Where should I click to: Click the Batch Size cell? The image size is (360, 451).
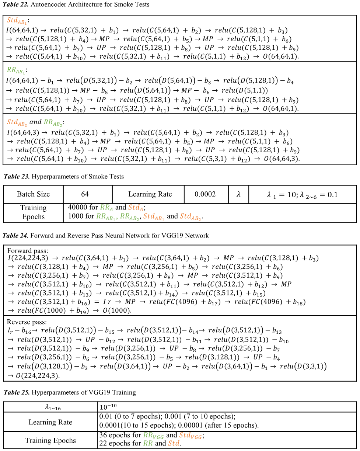tap(33, 194)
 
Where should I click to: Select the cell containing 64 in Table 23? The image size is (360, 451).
tap(85, 194)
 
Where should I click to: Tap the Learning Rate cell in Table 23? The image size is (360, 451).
tap(150, 194)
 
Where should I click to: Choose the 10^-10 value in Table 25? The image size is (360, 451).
tap(108, 407)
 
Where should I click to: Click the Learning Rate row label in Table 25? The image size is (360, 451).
tap(50, 422)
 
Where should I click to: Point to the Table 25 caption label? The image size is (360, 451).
tap(16, 392)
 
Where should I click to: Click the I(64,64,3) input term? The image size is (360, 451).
tap(25, 132)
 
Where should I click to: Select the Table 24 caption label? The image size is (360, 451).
tap(16, 236)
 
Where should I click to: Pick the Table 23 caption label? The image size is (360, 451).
tap(16, 177)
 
